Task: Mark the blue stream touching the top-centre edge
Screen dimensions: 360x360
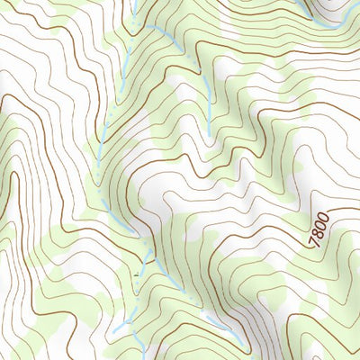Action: click(131, 7)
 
